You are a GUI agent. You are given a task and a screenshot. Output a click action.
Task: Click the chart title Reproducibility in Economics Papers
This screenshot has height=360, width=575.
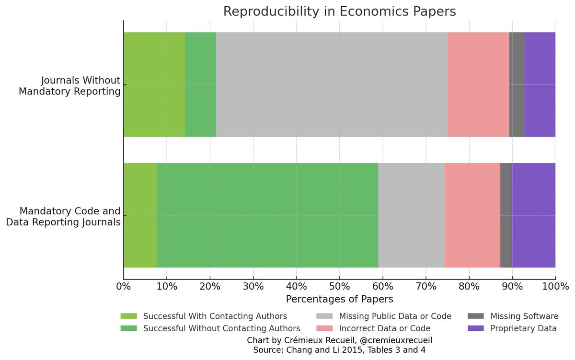339,12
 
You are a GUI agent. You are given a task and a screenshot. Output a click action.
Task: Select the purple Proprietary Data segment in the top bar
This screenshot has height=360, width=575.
540,84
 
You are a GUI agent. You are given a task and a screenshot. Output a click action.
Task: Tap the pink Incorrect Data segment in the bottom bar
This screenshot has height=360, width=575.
472,215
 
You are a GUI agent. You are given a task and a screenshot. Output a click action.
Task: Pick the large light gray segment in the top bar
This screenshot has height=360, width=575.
332,84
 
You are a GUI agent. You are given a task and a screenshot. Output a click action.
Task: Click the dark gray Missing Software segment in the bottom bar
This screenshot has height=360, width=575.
506,215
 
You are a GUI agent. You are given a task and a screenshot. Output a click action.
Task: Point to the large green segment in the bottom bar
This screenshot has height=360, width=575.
267,215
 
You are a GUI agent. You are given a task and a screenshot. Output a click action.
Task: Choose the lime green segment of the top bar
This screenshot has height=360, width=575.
154,84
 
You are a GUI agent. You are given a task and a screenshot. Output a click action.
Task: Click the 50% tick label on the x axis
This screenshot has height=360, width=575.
339,287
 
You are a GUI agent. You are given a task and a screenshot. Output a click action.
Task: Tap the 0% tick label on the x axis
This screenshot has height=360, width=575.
124,287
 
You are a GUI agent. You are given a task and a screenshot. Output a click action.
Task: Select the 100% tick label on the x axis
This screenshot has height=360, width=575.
555,287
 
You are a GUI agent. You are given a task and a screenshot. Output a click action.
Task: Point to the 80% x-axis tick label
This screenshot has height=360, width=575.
469,287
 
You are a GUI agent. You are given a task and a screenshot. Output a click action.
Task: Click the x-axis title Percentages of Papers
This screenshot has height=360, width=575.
339,299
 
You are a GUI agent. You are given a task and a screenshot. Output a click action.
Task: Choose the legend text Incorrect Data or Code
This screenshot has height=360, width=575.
384,328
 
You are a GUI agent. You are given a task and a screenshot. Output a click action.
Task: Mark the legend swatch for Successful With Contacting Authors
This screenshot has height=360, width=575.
128,316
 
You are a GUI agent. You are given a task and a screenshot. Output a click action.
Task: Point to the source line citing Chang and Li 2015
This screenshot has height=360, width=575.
339,350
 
